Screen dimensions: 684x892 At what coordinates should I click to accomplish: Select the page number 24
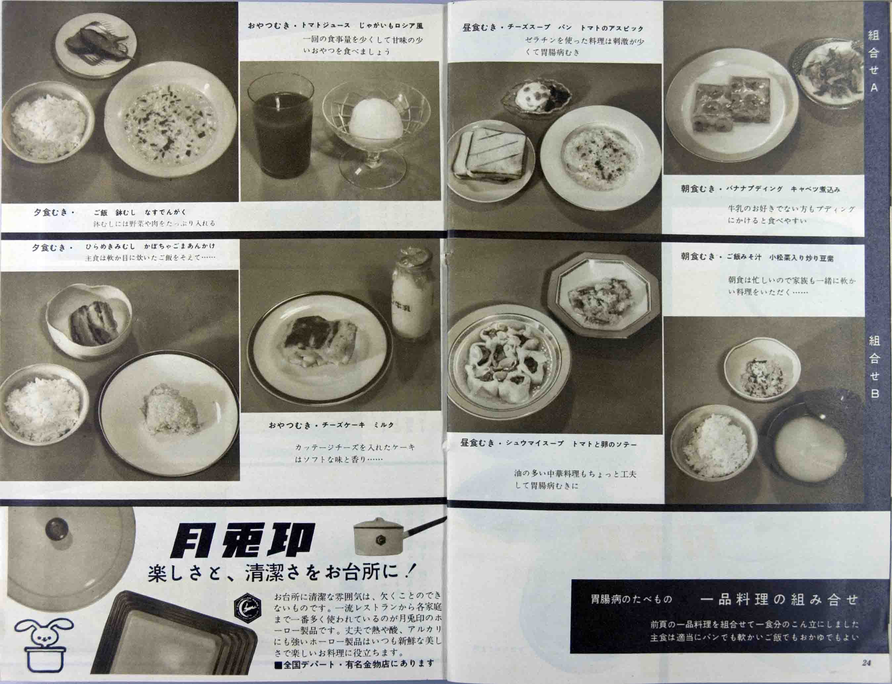[x=866, y=663]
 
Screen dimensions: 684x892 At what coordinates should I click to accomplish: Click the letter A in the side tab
[x=874, y=88]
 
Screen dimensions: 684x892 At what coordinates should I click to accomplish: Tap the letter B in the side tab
[x=874, y=394]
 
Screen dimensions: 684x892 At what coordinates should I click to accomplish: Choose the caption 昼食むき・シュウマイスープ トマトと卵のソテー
[x=548, y=444]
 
